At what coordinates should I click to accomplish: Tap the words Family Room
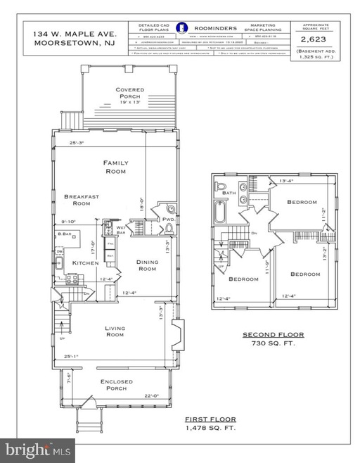coord(115,167)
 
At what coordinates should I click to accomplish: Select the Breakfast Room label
coord(77,200)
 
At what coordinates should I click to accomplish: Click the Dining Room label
coord(147,265)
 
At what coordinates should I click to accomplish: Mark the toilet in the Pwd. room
coord(159,229)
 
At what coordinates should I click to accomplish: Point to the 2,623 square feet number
coord(315,42)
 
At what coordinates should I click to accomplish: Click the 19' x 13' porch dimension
coord(130,101)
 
